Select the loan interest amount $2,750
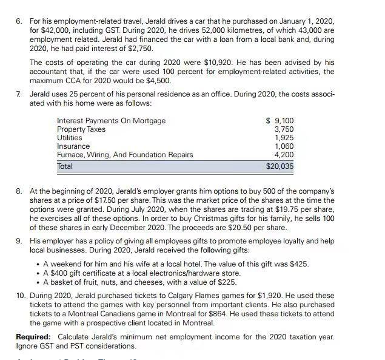point(141,48)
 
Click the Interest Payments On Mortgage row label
point(111,121)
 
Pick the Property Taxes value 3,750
point(284,129)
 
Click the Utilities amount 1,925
point(284,138)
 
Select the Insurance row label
point(73,146)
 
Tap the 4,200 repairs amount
point(284,155)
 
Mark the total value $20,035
point(280,166)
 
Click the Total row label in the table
point(65,166)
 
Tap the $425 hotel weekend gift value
point(298,264)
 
